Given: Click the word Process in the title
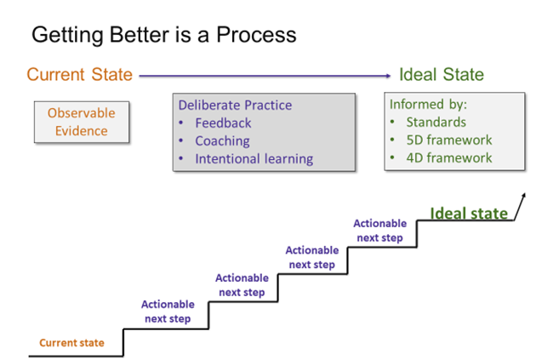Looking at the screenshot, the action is pos(256,35).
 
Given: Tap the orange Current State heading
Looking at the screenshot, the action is pos(80,75).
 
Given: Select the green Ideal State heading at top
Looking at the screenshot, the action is pos(442,75).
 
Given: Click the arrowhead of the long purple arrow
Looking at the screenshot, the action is pos(388,76).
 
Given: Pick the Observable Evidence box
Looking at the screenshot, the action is pos(82,122).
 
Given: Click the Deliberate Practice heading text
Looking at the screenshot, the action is pos(235,105).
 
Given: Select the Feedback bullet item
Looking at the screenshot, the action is pos(223,123).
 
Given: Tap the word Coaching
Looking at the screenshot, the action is pos(223,141).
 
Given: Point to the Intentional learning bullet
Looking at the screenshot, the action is pos(254,158).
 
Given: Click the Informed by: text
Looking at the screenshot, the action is pos(428,105).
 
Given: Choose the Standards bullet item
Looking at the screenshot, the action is pos(436,122).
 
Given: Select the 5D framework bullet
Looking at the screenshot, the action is pos(449,140).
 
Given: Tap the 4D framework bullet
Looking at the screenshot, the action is pos(449,157).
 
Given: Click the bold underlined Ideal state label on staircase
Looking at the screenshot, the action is pos(469,214).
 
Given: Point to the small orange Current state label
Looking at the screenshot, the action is pos(71,343).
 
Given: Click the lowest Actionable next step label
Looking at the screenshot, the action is pos(168,311).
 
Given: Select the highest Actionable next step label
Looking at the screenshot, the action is pos(379,231).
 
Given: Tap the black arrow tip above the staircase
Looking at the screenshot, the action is pos(524,195).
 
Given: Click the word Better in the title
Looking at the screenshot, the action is pos(140,35).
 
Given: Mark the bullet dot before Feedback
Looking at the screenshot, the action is pos(181,123).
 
